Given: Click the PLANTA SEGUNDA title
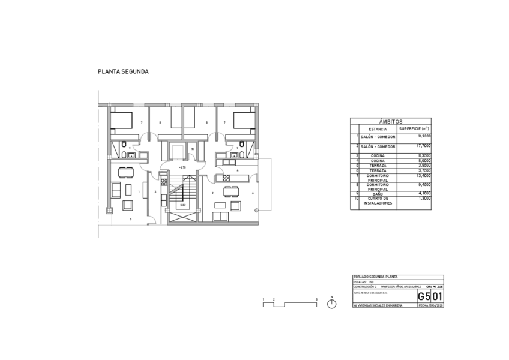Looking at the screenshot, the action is click(x=123, y=71).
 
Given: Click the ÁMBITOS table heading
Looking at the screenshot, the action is click(x=391, y=121).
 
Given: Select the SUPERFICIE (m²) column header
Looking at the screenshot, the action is click(x=414, y=129).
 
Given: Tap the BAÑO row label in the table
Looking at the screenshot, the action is click(x=378, y=194).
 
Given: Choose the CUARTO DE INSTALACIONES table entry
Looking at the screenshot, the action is click(x=378, y=201).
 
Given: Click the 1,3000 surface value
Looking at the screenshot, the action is click(x=423, y=199).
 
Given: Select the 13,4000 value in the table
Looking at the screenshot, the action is click(x=423, y=175).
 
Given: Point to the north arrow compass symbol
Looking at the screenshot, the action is click(x=332, y=304).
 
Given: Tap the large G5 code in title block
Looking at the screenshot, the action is click(x=424, y=296).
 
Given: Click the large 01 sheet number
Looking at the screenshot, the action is click(x=438, y=296).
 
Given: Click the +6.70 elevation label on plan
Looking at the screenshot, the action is click(x=182, y=167).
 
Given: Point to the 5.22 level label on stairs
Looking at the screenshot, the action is click(x=182, y=205).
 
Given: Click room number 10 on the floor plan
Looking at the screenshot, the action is click(x=192, y=149).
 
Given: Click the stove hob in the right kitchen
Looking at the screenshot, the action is click(x=227, y=178).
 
